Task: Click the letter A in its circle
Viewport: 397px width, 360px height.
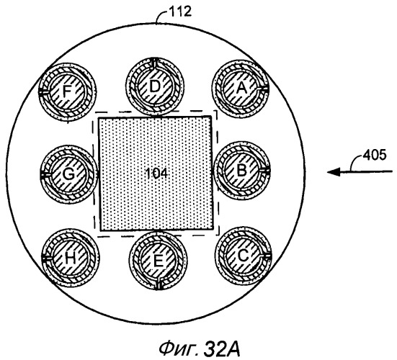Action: tap(241, 89)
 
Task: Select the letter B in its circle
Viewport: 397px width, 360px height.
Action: tap(242, 170)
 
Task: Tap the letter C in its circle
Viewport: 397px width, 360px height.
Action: tap(244, 256)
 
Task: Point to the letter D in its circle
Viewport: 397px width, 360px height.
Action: tap(155, 86)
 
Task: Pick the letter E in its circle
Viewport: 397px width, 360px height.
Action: tap(158, 261)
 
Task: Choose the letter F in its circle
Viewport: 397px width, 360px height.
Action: tap(66, 91)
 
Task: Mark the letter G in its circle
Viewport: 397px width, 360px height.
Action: tap(68, 174)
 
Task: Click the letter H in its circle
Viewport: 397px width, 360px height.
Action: tap(70, 258)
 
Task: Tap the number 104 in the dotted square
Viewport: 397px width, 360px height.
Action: tap(157, 174)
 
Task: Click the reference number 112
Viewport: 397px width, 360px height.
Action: tap(179, 12)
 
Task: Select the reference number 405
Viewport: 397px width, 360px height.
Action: tap(375, 155)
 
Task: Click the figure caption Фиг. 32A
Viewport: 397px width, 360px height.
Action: tap(200, 349)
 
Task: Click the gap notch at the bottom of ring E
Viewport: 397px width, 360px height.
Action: tap(159, 286)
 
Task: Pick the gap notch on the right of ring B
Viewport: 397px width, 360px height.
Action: tap(266, 170)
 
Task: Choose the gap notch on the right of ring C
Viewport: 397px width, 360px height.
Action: tap(267, 256)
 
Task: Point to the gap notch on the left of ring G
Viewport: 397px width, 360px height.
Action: tap(44, 174)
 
